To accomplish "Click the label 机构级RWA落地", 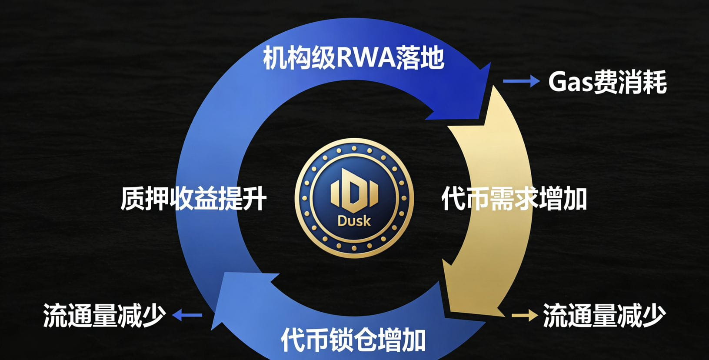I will click(x=353, y=58).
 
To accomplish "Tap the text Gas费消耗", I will click(x=607, y=82).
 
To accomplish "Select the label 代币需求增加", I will click(x=514, y=199).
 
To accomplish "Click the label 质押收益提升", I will click(x=193, y=199).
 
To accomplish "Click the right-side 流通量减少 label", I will click(x=604, y=316).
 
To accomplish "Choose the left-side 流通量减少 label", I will click(x=104, y=316).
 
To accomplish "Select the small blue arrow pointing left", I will click(x=187, y=315).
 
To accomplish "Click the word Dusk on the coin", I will click(x=354, y=221).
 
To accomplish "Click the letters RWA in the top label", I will click(x=366, y=58).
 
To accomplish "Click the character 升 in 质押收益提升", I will click(x=254, y=199).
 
